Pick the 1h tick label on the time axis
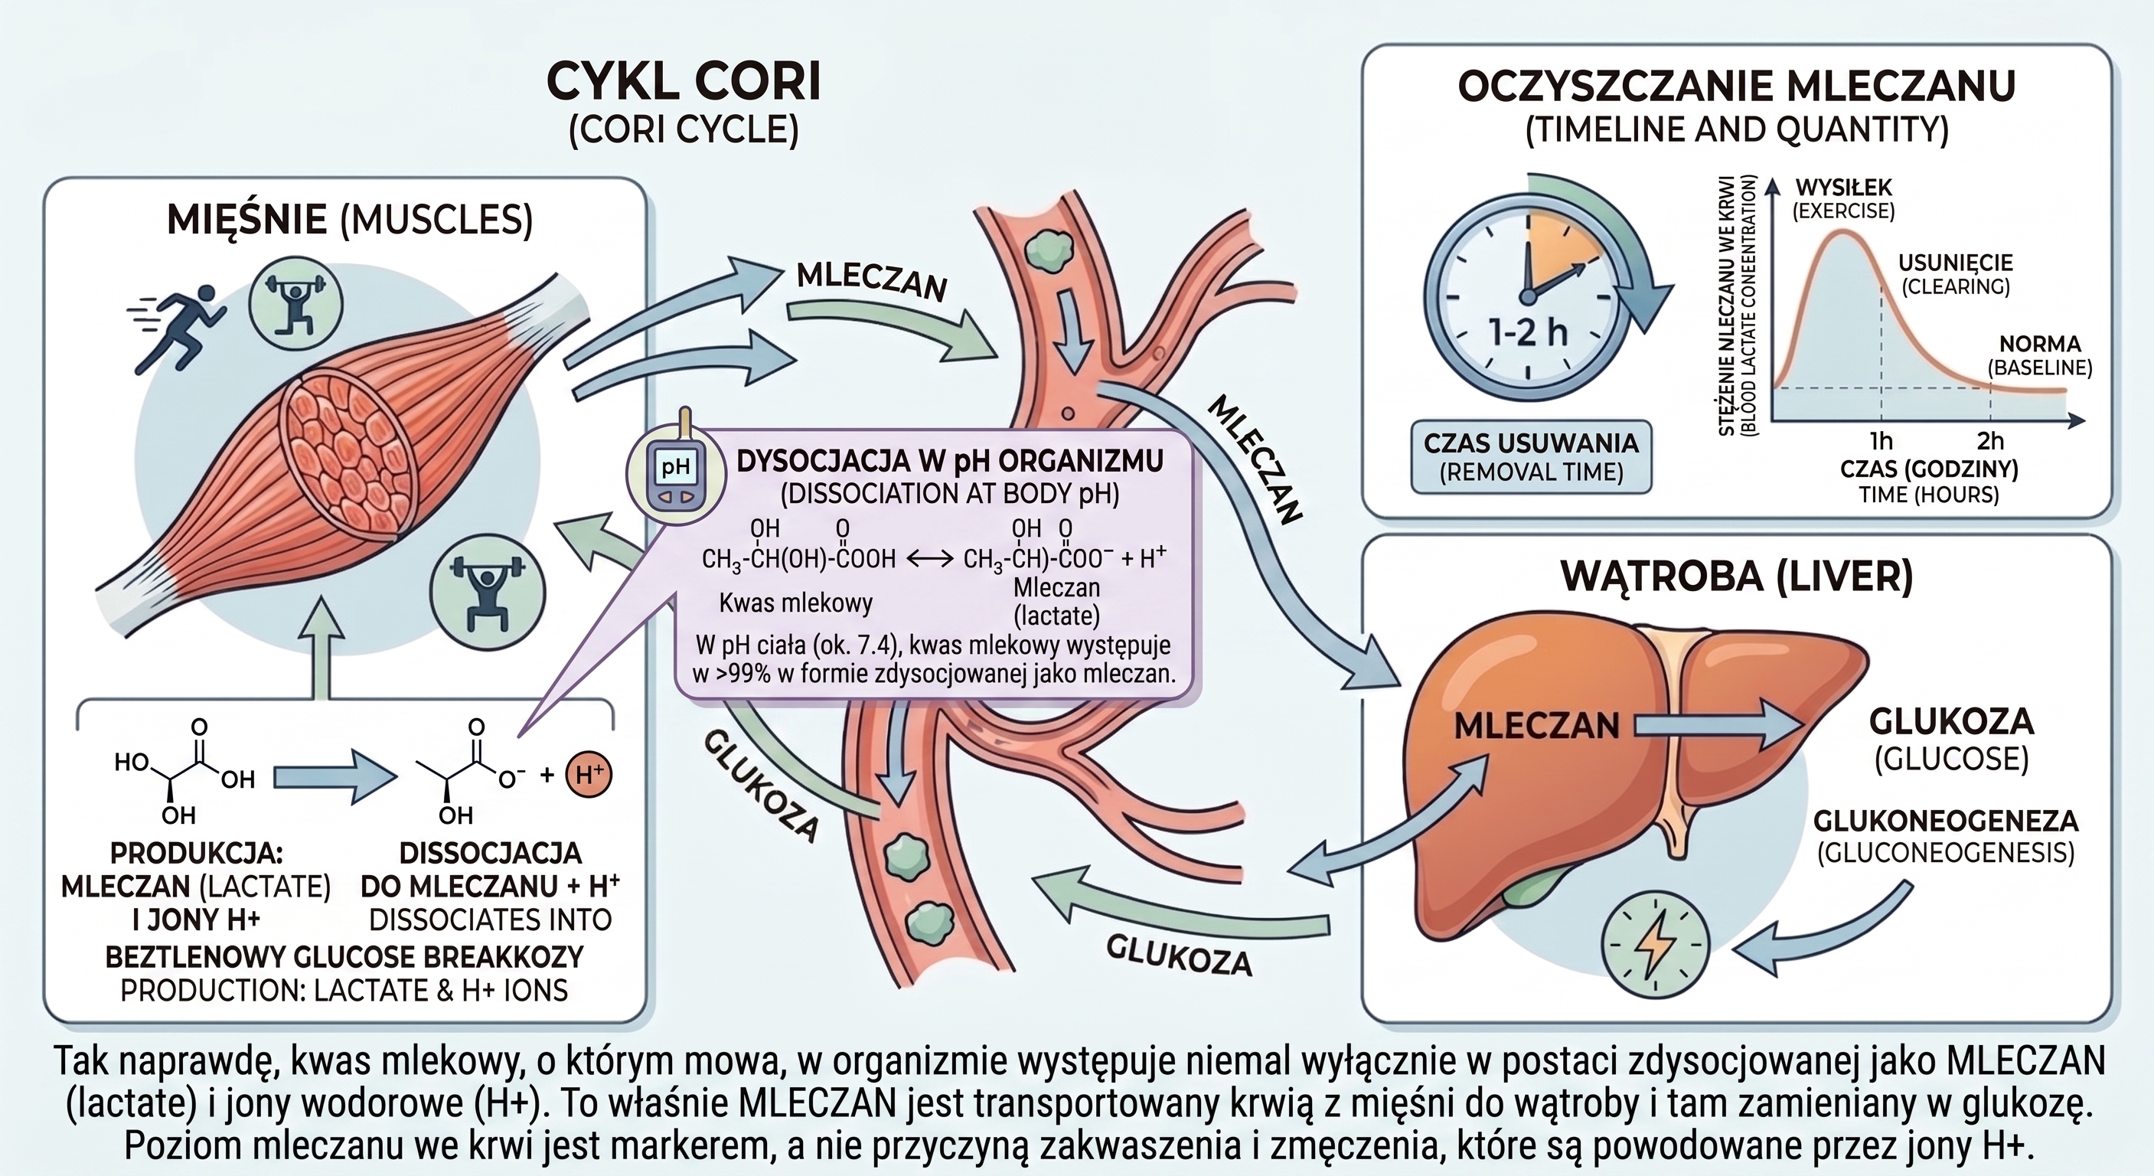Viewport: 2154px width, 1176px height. coord(1881,441)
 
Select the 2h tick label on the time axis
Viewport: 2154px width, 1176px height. coord(1990,441)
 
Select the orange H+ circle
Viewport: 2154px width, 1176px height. coord(589,774)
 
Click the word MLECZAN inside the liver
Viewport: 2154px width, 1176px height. coord(1537,726)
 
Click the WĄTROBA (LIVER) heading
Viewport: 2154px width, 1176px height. coord(1737,577)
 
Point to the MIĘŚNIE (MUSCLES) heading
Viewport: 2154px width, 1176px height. coord(350,219)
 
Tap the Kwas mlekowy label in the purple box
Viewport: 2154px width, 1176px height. coord(795,603)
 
